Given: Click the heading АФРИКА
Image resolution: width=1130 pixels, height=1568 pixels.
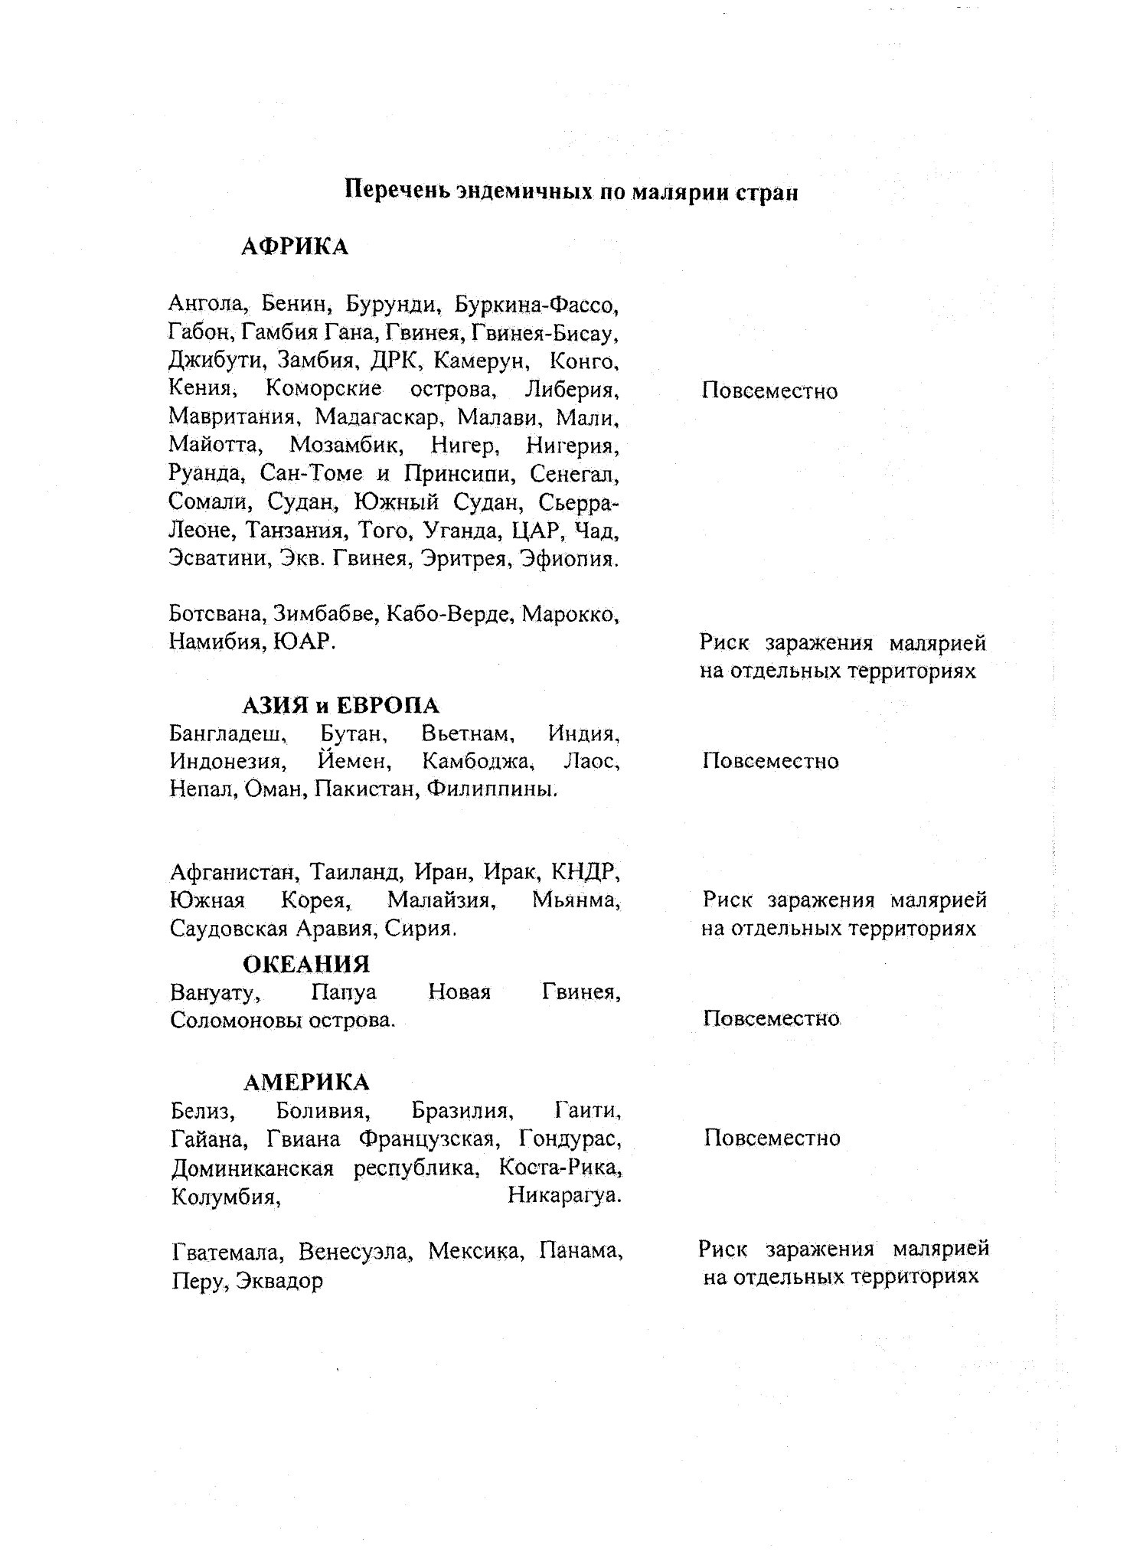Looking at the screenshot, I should (x=295, y=247).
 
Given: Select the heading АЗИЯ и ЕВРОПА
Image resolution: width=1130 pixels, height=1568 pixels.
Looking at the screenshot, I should (x=341, y=704).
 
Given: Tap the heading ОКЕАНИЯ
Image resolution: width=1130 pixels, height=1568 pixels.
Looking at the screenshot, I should (x=306, y=963).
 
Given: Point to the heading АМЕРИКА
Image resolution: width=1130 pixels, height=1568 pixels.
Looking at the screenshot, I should (x=306, y=1082).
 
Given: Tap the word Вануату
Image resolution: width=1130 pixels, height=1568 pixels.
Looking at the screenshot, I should (x=214, y=992).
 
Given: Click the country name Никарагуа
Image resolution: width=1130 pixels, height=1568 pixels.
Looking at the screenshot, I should (x=564, y=1195).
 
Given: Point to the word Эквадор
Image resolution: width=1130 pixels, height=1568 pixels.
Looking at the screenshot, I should (x=279, y=1281).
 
